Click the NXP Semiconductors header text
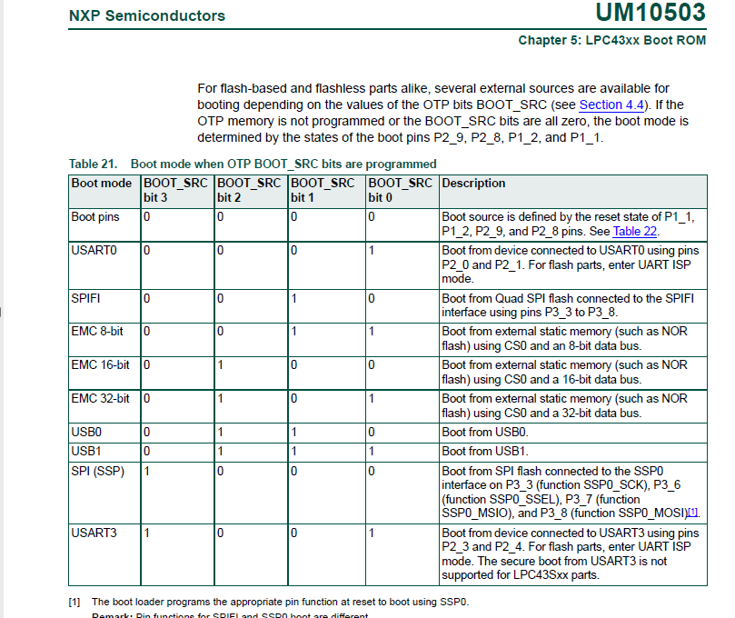(x=147, y=15)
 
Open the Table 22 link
(x=634, y=231)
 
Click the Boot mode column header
(x=102, y=184)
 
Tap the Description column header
(x=473, y=184)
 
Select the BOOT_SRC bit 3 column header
(x=175, y=190)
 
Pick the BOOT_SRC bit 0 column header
(x=400, y=190)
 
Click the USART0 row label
(x=94, y=249)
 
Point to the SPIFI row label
(x=87, y=298)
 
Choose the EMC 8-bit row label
(x=97, y=332)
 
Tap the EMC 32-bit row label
(x=100, y=399)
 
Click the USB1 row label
(x=86, y=451)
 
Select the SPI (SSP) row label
(x=97, y=471)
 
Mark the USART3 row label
(x=94, y=533)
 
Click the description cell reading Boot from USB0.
(x=484, y=433)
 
